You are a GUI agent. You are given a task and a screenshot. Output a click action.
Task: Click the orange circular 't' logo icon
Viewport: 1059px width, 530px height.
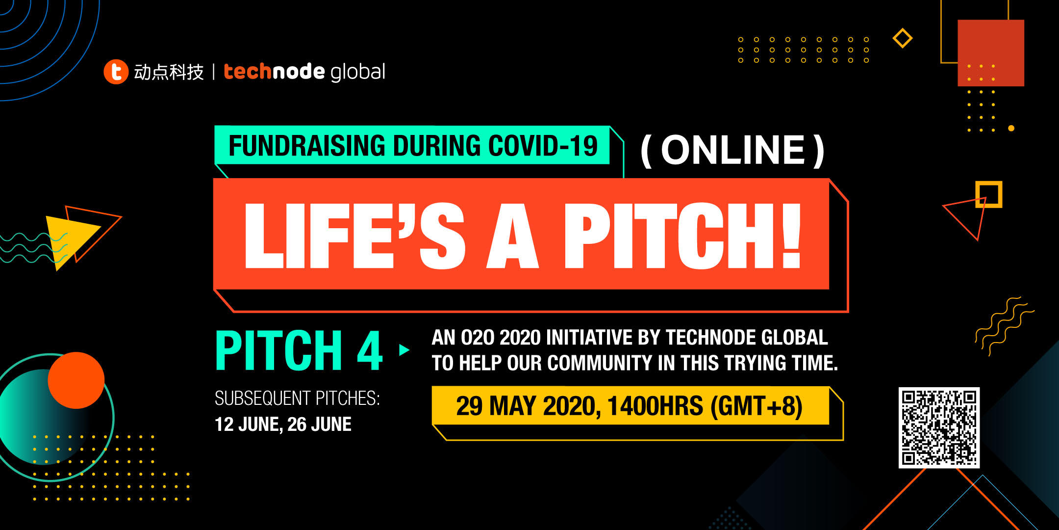point(116,72)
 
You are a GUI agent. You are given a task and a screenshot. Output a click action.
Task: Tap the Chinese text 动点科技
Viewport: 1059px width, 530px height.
point(169,72)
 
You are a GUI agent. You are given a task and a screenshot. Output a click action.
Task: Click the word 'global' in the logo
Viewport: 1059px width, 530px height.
point(358,72)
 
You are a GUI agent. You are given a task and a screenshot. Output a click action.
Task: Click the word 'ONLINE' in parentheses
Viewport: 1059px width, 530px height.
point(733,150)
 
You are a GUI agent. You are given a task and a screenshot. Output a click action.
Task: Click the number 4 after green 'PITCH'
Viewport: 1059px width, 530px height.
point(370,350)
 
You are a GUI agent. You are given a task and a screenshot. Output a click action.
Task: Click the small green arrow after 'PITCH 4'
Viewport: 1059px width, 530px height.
point(404,350)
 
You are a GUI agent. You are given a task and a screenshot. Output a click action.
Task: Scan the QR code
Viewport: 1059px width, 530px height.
point(939,427)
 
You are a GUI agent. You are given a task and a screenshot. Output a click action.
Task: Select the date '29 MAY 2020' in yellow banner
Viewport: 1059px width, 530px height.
point(525,406)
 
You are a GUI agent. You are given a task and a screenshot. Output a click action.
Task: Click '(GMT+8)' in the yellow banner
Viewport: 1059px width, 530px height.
point(756,406)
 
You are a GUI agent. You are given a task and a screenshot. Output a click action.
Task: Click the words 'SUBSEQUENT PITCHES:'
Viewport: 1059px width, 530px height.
point(297,398)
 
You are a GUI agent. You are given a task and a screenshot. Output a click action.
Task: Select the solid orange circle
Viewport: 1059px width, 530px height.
point(76,380)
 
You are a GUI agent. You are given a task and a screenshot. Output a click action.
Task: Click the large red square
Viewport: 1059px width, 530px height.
point(991,53)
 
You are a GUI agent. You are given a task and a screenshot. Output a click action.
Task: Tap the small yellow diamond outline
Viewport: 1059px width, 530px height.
point(903,38)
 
